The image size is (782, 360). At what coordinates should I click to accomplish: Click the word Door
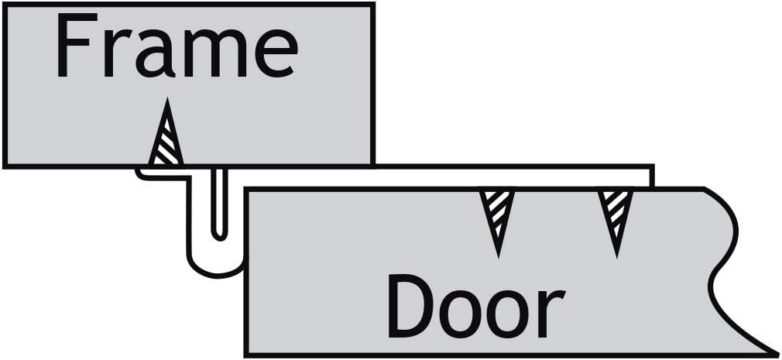[x=474, y=308]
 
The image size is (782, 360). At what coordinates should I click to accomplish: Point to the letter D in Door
[x=410, y=307]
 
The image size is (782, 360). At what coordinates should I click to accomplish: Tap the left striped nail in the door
[x=496, y=212]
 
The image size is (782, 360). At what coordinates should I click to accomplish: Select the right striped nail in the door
[x=616, y=212]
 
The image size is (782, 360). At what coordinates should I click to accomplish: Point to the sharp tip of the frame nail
[x=166, y=101]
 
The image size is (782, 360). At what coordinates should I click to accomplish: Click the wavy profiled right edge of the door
[x=724, y=255]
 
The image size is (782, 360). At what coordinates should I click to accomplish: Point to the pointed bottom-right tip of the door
[x=774, y=353]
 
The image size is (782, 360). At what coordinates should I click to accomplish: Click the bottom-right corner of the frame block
[x=374, y=164]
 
